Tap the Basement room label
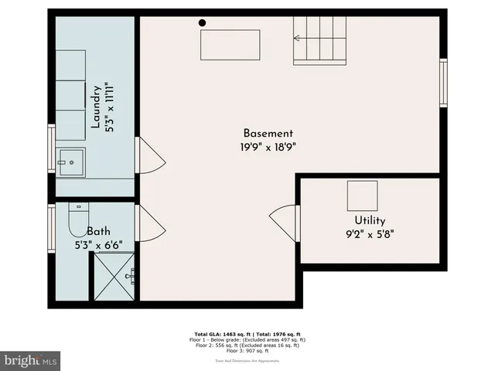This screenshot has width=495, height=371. (268, 133)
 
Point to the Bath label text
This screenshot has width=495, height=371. (98, 231)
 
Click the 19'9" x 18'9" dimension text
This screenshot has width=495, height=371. (268, 146)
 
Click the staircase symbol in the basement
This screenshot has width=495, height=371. (319, 39)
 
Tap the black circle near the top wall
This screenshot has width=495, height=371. (203, 23)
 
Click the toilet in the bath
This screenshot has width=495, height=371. (78, 220)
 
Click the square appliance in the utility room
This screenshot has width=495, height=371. (362, 194)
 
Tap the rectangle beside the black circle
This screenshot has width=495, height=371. (230, 45)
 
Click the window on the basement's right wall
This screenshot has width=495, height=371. (443, 82)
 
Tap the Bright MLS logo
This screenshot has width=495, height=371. (31, 360)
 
